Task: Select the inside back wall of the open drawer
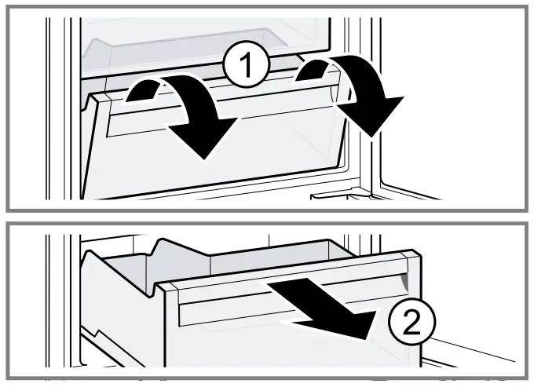259,259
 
